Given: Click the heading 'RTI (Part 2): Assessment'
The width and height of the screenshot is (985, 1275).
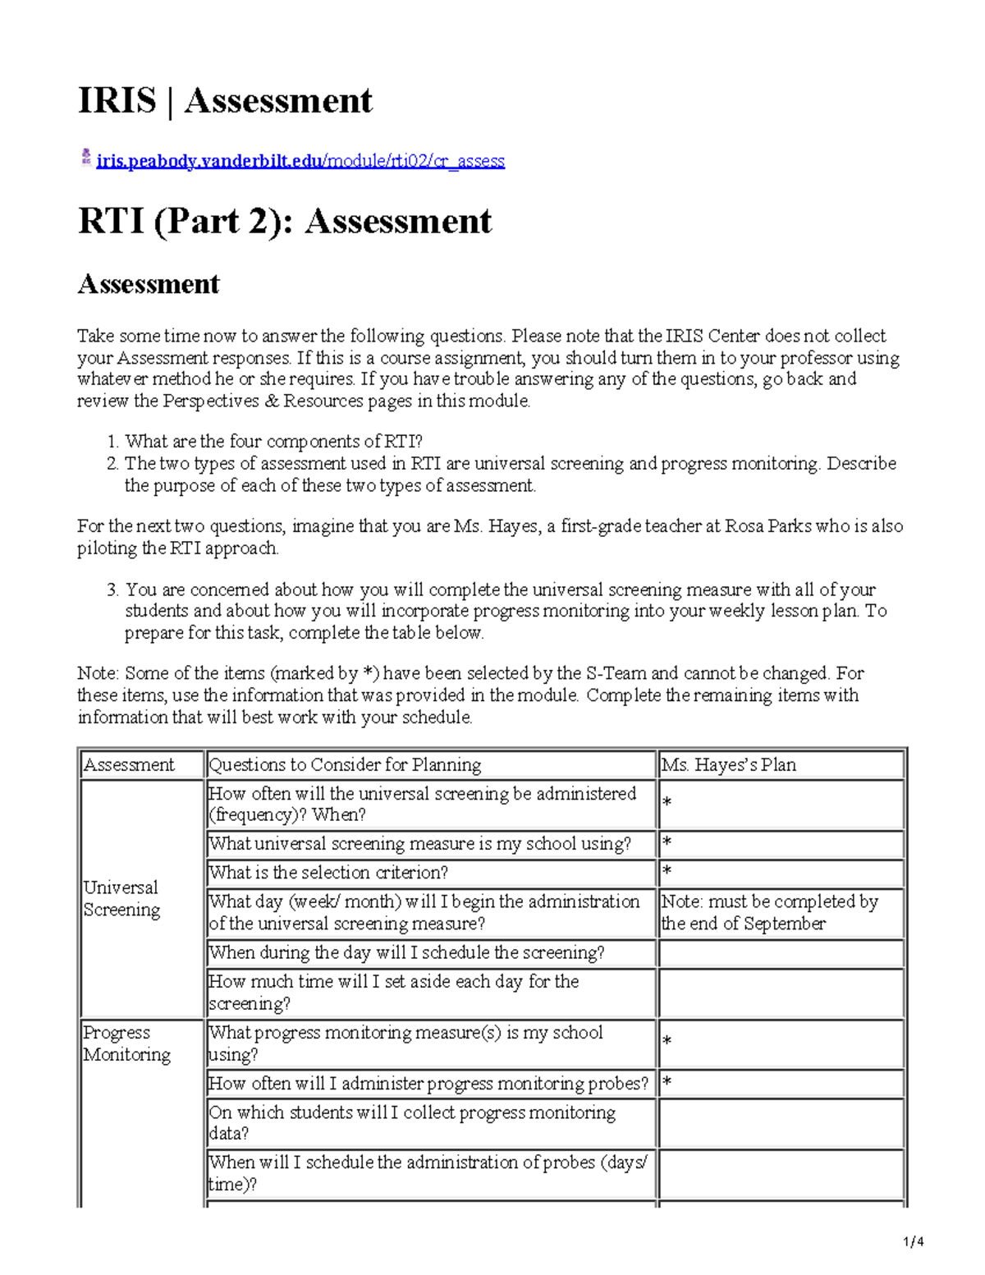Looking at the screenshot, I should (284, 222).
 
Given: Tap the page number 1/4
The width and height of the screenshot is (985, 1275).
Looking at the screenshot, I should (914, 1241).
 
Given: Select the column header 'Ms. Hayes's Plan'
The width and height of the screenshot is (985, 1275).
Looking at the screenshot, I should (728, 765).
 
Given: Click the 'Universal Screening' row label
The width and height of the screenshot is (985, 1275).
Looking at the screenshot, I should (121, 899).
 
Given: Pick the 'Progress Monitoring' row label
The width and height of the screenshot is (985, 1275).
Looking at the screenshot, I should (126, 1043).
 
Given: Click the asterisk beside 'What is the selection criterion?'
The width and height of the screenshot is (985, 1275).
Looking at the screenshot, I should (667, 872).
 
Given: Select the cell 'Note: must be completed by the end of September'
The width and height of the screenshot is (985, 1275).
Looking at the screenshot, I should (769, 913).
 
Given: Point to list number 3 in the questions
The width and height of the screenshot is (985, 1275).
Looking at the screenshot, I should (112, 589).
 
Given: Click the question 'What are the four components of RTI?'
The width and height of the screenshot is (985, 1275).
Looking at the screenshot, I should (273, 442).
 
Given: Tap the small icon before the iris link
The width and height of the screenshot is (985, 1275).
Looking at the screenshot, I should (85, 158).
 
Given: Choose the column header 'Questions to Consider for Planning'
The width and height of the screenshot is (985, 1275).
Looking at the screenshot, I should (345, 765).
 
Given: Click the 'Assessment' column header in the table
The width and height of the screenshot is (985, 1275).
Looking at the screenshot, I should (129, 765).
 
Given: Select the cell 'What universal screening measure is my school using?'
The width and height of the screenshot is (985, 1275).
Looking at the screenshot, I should (419, 844).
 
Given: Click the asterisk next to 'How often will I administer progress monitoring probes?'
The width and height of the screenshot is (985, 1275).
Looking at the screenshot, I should (667, 1084).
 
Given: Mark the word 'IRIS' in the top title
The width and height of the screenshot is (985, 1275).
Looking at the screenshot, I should (117, 101).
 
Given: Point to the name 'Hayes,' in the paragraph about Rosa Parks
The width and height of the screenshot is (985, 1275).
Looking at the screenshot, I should (515, 526).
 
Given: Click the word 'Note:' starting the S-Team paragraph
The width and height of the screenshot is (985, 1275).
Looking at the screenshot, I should (98, 674).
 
